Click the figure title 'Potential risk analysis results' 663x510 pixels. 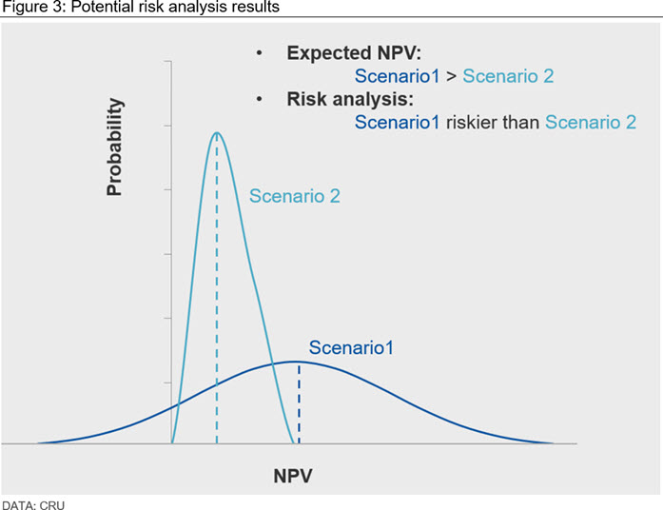[x=175, y=7]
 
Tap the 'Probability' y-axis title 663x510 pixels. [x=114, y=147]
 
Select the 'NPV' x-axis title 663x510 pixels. [x=293, y=476]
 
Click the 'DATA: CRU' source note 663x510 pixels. [x=33, y=505]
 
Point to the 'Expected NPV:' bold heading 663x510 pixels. [x=354, y=53]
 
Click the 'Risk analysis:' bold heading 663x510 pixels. [x=350, y=99]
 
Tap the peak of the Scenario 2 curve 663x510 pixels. [x=217, y=133]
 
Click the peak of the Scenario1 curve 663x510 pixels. [x=295, y=362]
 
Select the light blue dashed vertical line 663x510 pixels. [x=217, y=288]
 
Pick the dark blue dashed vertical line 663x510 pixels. [x=299, y=403]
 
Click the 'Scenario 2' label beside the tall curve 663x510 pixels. [x=295, y=196]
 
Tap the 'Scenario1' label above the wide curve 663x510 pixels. [x=351, y=347]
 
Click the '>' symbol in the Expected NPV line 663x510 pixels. [x=451, y=76]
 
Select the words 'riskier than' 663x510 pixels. [x=493, y=122]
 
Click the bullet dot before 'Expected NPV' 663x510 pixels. [x=259, y=53]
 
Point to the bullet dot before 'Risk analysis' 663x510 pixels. [x=259, y=99]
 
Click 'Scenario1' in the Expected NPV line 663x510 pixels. [x=397, y=76]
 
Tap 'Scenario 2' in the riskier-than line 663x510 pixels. [x=591, y=122]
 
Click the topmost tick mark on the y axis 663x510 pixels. [x=167, y=61]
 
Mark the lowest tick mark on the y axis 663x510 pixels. [x=167, y=382]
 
